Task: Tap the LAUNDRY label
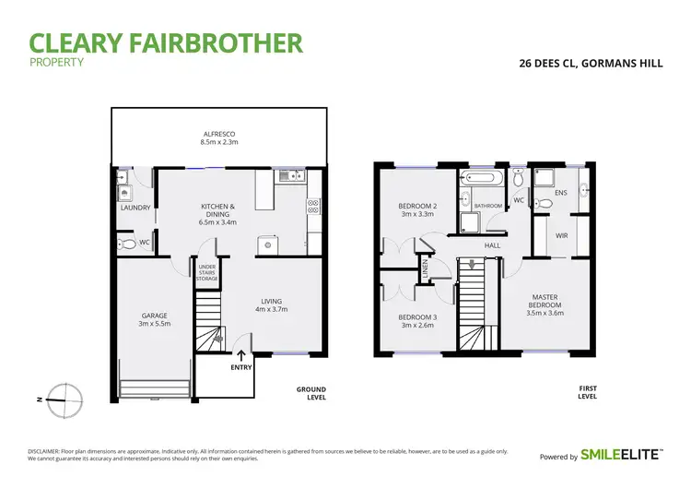tap(135, 208)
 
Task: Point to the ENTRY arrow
tap(241, 354)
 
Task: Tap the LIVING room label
tap(272, 304)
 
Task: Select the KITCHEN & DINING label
tap(218, 213)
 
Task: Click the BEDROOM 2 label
tap(416, 209)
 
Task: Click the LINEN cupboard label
tap(425, 269)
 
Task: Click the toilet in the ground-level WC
tap(128, 244)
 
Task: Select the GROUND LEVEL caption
tap(310, 393)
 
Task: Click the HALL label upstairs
tap(493, 245)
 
